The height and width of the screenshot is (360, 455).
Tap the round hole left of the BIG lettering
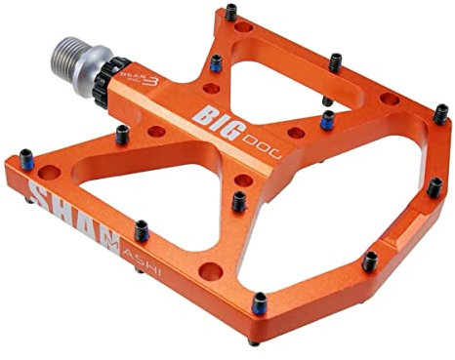[x=155, y=130]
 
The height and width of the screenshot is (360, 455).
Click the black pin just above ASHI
[x=141, y=230]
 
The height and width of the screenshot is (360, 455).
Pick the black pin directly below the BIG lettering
[x=239, y=202]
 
